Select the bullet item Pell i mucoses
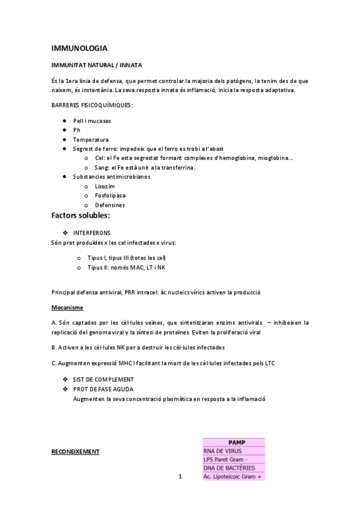click(92, 121)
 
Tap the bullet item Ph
click(76, 130)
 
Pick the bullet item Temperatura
click(91, 140)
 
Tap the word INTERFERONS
click(92, 232)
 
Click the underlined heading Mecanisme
click(67, 307)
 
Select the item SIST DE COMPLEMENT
click(103, 379)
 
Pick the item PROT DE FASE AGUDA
click(103, 389)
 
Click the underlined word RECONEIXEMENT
click(75, 450)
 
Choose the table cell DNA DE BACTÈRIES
click(229, 468)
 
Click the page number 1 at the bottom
click(180, 478)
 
